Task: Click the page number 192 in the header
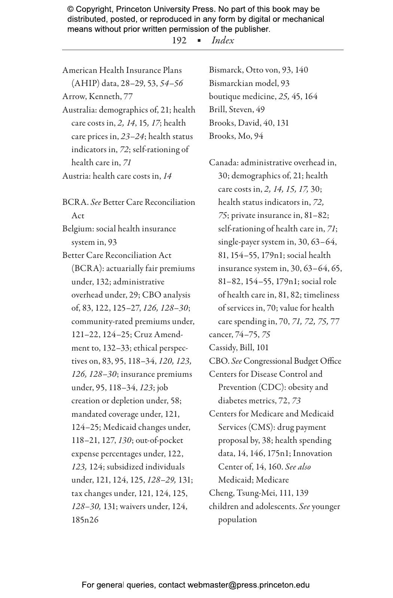tap(179, 40)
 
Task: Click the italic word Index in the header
tap(223, 40)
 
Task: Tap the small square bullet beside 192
tap(199, 40)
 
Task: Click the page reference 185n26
tap(85, 520)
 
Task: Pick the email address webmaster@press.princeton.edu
tap(249, 585)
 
